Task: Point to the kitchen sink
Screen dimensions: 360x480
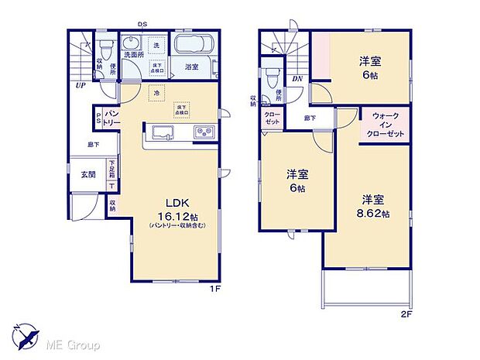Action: click(x=163, y=132)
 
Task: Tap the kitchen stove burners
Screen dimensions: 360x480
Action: click(x=203, y=132)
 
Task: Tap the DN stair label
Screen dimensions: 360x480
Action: click(x=297, y=79)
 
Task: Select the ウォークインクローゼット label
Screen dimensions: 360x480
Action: click(x=386, y=124)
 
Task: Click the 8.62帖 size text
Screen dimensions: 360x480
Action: click(x=372, y=213)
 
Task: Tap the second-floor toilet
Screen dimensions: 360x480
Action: click(x=271, y=79)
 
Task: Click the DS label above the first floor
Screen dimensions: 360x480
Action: click(x=142, y=24)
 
